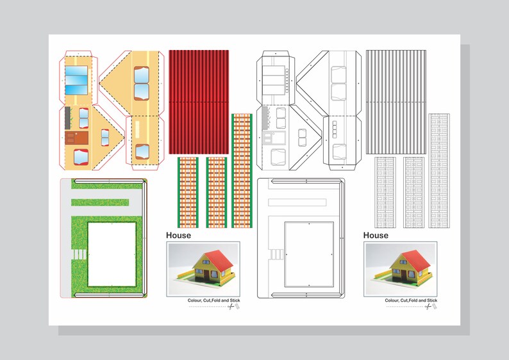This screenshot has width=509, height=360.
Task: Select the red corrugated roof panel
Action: pyautogui.click(x=198, y=101)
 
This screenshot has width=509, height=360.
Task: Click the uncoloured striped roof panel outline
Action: pyautogui.click(x=396, y=101)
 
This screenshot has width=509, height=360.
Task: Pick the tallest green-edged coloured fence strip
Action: pyautogui.click(x=242, y=170)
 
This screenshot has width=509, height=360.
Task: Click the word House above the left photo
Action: pyautogui.click(x=178, y=235)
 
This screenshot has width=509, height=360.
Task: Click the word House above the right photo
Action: pyautogui.click(x=376, y=235)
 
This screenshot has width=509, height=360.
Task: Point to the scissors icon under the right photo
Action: pyautogui.click(x=428, y=307)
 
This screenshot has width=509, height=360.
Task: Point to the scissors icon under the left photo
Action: pyautogui.click(x=231, y=307)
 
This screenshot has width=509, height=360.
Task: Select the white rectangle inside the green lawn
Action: pyautogui.click(x=112, y=254)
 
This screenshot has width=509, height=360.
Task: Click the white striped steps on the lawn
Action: pyautogui.click(x=78, y=254)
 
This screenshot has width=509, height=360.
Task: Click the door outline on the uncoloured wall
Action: pyautogui.click(x=267, y=136)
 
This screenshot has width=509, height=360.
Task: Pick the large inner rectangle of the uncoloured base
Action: pyautogui.click(x=309, y=254)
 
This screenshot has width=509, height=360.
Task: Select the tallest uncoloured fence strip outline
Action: pyautogui.click(x=438, y=170)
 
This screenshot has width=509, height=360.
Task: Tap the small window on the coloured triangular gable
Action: pyautogui.click(x=105, y=136)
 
